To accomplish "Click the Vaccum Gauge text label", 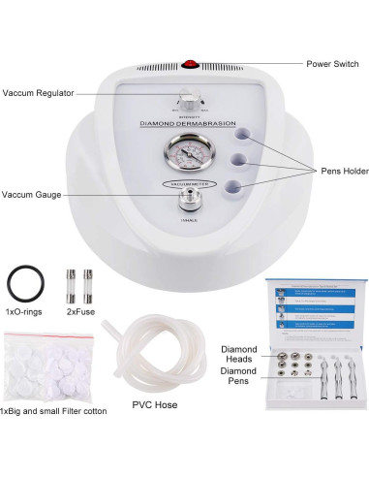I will coord(31,194).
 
